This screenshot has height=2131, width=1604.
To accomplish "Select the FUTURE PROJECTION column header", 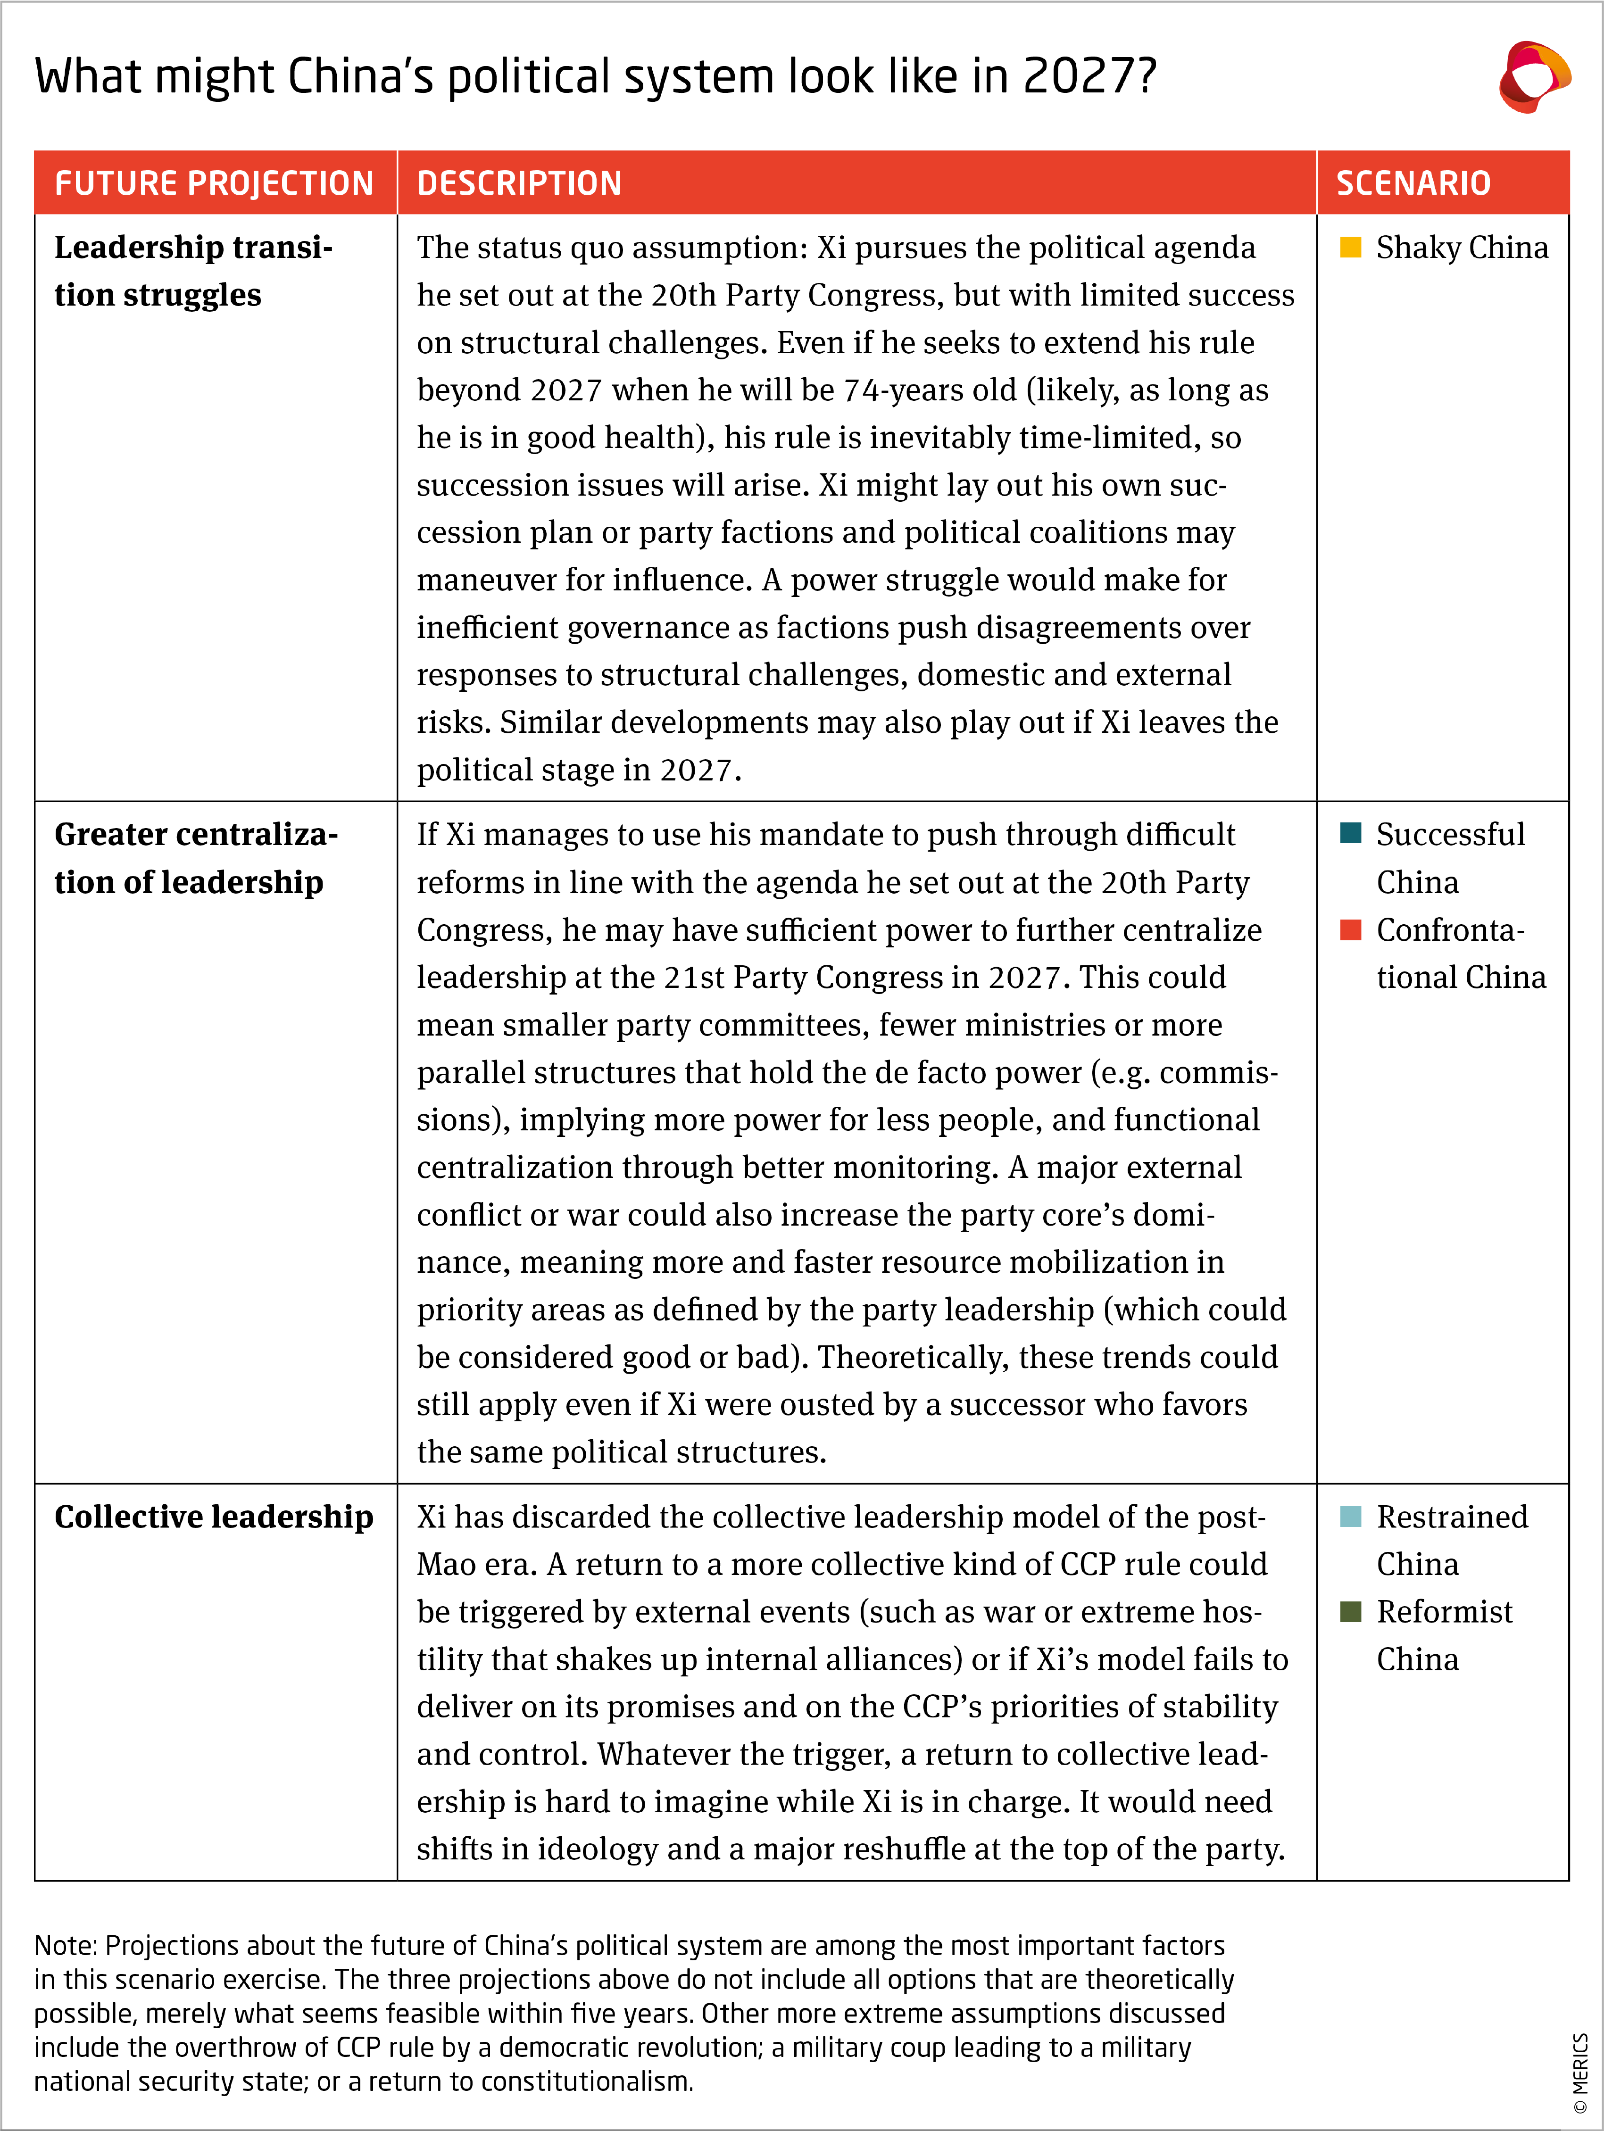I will click(214, 183).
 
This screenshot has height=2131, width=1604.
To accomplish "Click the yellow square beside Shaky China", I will click(1351, 248).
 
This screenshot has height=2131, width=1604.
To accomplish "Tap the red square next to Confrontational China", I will click(1351, 929).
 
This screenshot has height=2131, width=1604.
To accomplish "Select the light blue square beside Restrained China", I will click(1351, 1517).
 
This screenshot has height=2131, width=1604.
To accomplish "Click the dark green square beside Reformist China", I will click(1351, 1612).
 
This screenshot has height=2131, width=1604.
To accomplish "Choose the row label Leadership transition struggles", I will click(193, 271).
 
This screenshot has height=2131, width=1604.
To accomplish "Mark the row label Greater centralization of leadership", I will click(196, 857).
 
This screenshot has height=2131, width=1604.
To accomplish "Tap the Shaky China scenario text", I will click(1462, 248).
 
